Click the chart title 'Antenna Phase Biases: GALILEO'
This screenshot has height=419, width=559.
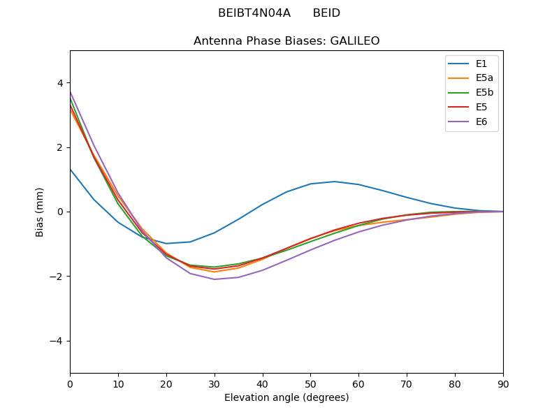(286, 41)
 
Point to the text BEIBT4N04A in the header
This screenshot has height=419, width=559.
(254, 13)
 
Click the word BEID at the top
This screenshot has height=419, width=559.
(326, 13)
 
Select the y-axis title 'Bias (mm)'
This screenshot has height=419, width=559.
(40, 212)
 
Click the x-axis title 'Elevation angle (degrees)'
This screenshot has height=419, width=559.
(286, 398)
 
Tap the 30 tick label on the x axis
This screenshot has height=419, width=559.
(215, 384)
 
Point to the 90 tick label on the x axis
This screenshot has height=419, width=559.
(503, 384)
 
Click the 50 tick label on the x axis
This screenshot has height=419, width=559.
(310, 384)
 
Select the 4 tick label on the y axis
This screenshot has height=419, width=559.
(60, 83)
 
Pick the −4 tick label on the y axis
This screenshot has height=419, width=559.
(57, 341)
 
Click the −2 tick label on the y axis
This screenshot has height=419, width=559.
(57, 277)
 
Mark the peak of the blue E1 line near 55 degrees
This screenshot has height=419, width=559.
(335, 182)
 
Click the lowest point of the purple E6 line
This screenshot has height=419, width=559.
(215, 279)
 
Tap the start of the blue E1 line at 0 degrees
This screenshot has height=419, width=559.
(71, 169)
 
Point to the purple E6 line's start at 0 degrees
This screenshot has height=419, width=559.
(71, 92)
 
